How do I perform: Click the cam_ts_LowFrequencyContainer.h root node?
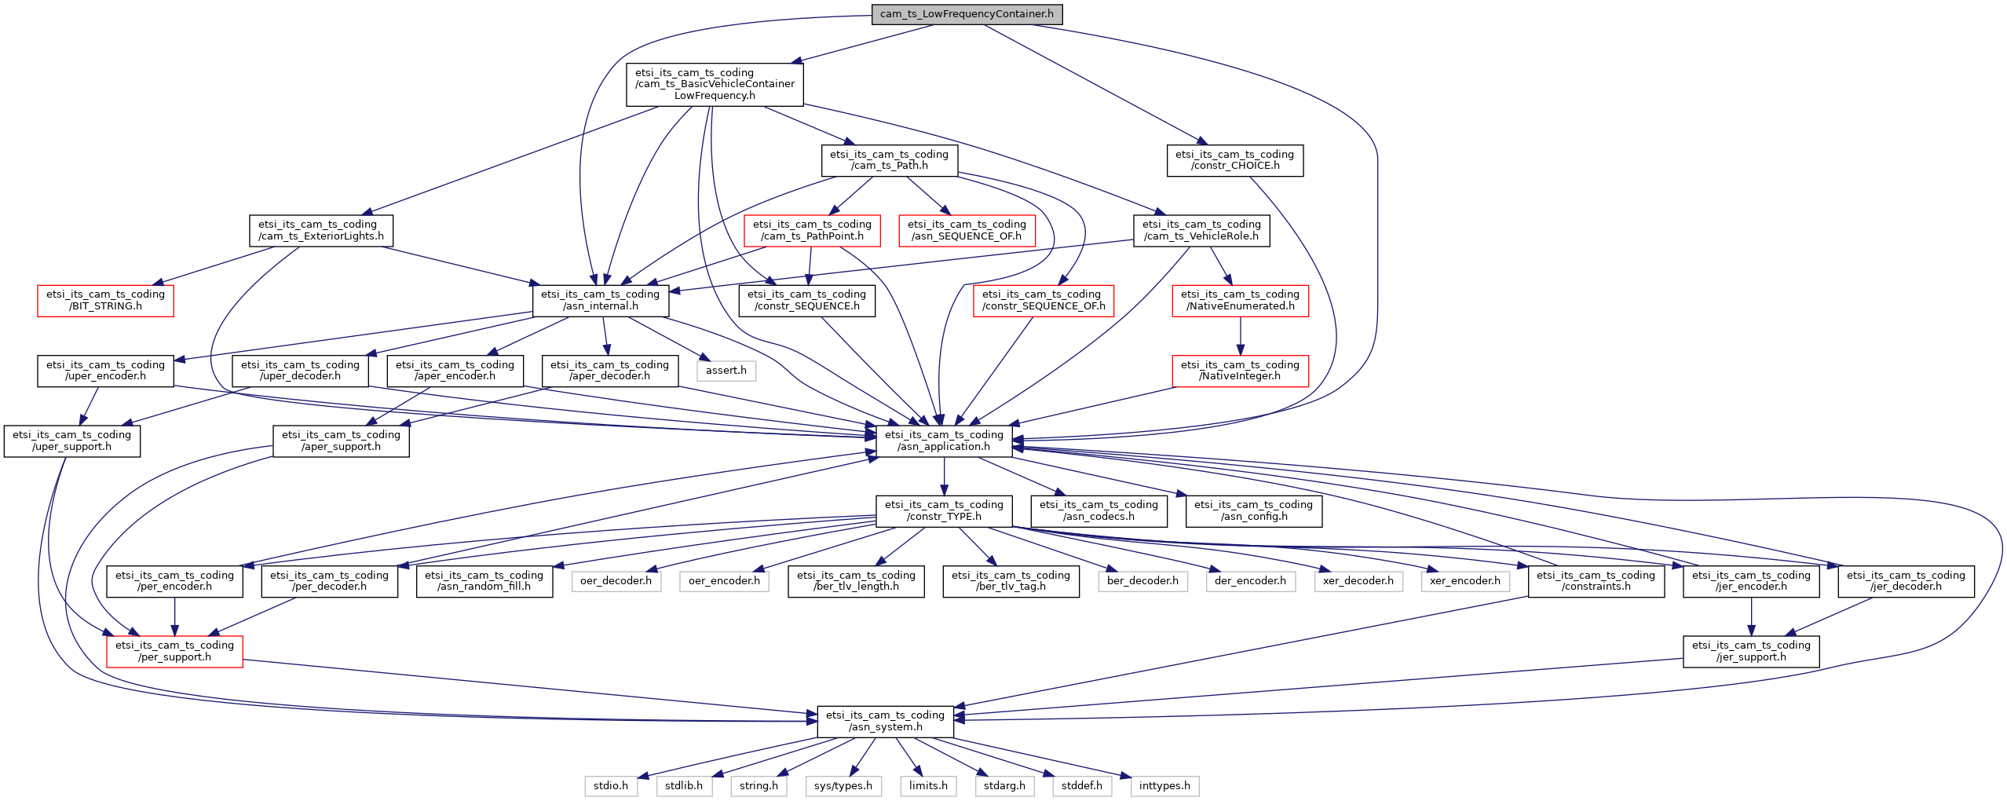coord(967,14)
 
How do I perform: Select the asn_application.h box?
coord(944,441)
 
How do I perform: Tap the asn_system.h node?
coord(886,721)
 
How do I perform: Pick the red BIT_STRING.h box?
coord(105,300)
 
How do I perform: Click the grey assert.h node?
coord(726,371)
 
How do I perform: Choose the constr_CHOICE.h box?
coord(1235,160)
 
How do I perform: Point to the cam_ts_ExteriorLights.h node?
coord(321,230)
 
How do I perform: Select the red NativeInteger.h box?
coord(1241,371)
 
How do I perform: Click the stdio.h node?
coord(611,786)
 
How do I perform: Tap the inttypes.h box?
coord(1164,786)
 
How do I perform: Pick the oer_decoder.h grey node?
coord(616,581)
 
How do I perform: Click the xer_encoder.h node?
coord(1465,581)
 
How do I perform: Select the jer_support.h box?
coord(1751,651)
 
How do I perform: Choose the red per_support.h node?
coord(174,651)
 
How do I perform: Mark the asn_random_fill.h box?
coord(484,581)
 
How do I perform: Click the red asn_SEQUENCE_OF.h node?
coord(967,230)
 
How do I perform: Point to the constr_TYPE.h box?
coord(944,510)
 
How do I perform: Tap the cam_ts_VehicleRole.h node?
coord(1201,230)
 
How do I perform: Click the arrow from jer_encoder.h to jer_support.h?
coord(1751,616)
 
